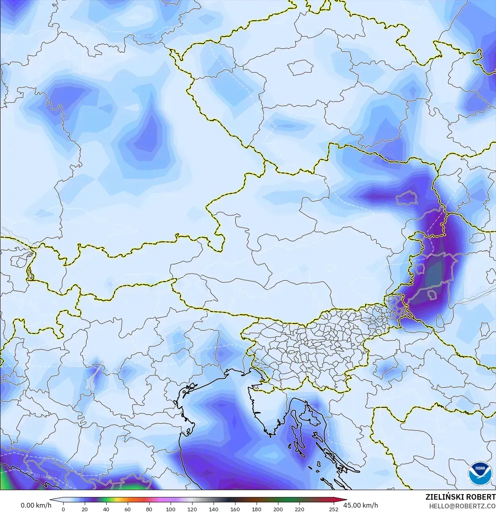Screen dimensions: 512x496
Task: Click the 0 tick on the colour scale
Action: point(63,509)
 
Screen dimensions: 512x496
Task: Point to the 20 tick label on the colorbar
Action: point(85,509)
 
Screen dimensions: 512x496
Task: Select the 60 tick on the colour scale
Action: point(128,509)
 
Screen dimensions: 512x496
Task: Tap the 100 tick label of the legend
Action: point(171,509)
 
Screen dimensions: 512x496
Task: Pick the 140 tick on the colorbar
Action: point(214,509)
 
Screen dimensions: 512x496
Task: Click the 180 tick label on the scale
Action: point(257,509)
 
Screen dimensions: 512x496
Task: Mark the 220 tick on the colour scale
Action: point(300,509)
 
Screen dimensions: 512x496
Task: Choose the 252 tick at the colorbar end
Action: point(334,509)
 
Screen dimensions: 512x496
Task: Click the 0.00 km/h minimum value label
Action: point(36,505)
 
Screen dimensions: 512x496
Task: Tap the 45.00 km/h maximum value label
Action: point(360,505)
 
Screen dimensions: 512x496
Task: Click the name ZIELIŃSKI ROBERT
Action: point(460,497)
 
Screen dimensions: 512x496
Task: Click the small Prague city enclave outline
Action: point(301,68)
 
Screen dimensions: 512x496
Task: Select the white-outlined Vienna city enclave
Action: point(406,197)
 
